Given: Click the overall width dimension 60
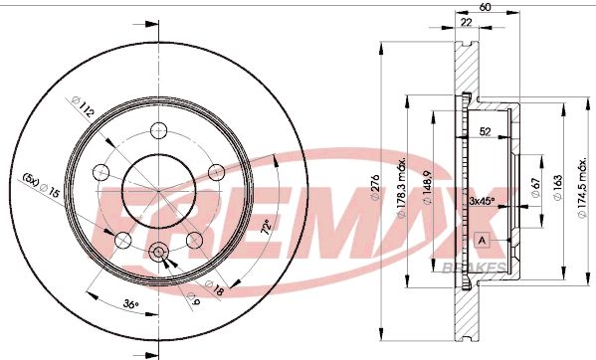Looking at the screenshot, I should click(x=486, y=8).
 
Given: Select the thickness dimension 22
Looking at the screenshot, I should click(x=464, y=23).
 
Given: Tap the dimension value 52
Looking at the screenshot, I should click(x=486, y=131).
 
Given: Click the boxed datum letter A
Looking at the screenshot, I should click(x=484, y=240).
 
